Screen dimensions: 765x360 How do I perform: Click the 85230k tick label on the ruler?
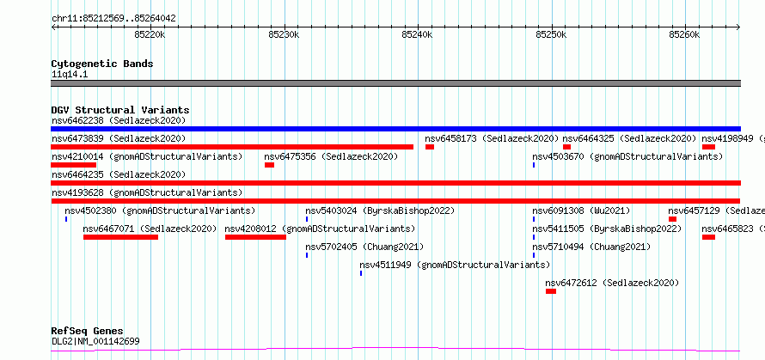click(x=285, y=34)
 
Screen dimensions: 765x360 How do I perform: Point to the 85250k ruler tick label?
click(x=552, y=34)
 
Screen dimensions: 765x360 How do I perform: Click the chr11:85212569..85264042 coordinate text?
click(x=113, y=19)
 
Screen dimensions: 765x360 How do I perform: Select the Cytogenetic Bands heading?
click(x=102, y=64)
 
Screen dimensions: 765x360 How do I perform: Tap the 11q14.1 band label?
click(x=70, y=75)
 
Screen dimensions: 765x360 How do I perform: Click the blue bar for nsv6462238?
click(x=395, y=129)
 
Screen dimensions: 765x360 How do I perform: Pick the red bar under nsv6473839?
click(x=232, y=147)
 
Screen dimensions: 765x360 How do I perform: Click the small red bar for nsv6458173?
click(x=430, y=147)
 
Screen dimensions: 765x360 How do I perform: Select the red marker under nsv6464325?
click(x=567, y=147)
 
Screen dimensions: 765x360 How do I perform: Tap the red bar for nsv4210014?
click(x=73, y=165)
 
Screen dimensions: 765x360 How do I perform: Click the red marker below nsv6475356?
click(x=269, y=165)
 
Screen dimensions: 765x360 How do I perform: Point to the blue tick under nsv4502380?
click(x=66, y=219)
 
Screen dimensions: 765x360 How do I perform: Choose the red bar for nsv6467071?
click(x=120, y=237)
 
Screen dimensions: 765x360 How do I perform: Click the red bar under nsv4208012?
click(x=255, y=237)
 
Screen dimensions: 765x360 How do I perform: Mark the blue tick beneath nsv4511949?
click(x=361, y=273)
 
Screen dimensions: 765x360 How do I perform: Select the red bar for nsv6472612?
click(x=551, y=291)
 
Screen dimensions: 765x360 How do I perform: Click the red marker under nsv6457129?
click(x=673, y=219)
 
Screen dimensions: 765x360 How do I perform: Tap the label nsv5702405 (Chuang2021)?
click(x=364, y=247)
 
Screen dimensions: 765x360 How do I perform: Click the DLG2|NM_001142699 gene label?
click(x=95, y=341)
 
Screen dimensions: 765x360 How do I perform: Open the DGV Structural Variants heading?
click(x=120, y=110)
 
